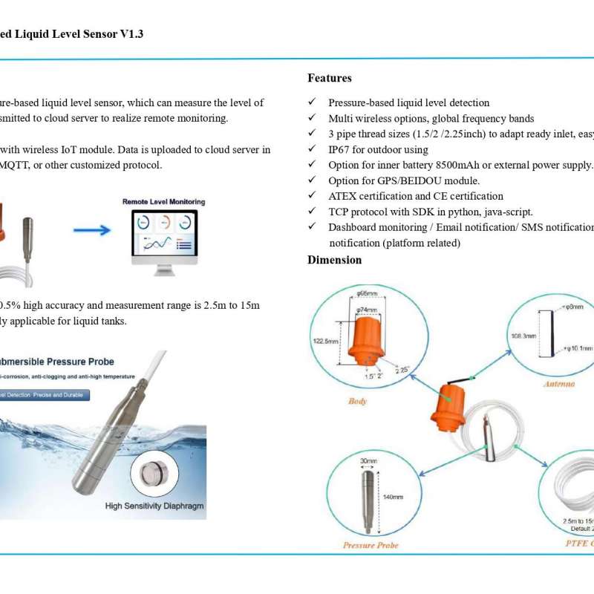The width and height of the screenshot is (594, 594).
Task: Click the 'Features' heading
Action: click(330, 78)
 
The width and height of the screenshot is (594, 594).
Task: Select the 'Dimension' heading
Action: click(335, 260)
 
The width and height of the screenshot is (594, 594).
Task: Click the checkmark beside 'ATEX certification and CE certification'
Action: click(313, 197)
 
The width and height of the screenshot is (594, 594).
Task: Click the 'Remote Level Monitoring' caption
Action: click(163, 202)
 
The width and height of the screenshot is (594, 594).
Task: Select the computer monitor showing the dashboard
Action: click(164, 235)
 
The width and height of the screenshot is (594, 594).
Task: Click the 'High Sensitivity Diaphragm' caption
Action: click(154, 506)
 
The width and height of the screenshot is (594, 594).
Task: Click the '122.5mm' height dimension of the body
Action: click(324, 341)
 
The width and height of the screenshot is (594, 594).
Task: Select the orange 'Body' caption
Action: click(358, 401)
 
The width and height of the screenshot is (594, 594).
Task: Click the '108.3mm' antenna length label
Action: click(523, 336)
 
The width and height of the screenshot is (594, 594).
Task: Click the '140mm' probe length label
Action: click(393, 497)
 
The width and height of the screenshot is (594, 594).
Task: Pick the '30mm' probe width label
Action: click(369, 460)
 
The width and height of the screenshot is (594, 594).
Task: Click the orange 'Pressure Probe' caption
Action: click(371, 545)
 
